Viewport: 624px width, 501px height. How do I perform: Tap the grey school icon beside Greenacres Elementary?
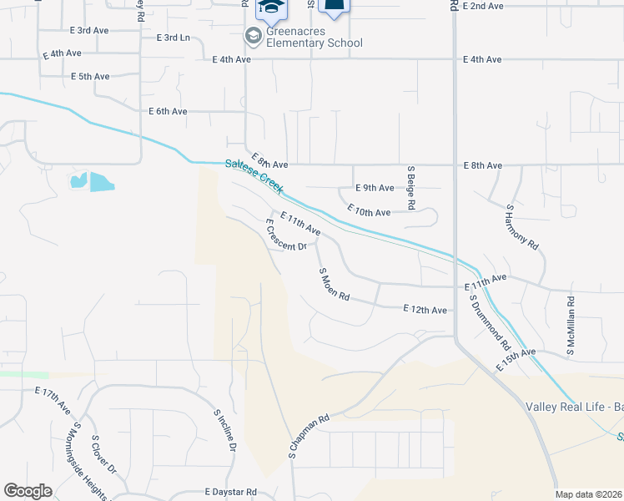[252, 36]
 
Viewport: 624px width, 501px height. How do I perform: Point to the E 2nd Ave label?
[485, 6]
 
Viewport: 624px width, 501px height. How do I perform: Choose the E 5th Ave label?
[90, 77]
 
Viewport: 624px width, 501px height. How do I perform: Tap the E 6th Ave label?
[168, 111]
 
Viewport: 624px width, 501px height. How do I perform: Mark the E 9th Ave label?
[374, 188]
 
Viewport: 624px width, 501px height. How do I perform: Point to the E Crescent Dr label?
[285, 235]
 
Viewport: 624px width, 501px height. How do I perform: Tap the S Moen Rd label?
[334, 286]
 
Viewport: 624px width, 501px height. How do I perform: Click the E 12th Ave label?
[425, 310]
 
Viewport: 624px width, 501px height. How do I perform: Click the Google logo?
[28, 491]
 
